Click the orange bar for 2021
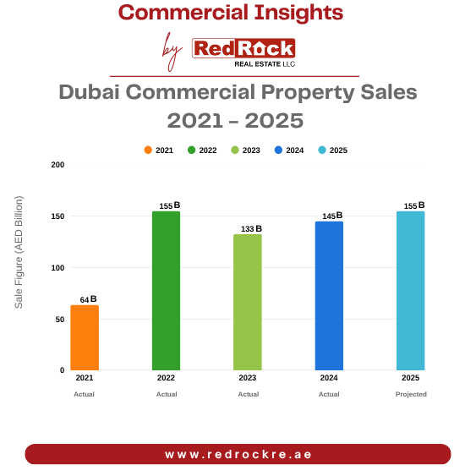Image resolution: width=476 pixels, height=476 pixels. tap(85, 338)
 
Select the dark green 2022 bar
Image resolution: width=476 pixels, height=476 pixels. tap(166, 291)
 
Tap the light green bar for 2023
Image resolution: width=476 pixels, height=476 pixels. tap(248, 302)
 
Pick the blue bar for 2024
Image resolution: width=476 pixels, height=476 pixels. tap(329, 296)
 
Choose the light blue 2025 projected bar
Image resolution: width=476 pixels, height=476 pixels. tap(411, 291)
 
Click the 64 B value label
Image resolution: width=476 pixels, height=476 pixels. tap(88, 299)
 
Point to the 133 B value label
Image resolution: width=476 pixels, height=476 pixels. tap(252, 228)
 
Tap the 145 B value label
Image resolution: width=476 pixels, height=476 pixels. tap(332, 216)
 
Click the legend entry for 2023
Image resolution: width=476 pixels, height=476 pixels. tap(246, 150)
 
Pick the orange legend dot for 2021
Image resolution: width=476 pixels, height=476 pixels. tap(148, 150)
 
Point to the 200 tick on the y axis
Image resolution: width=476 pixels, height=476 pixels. tap(57, 165)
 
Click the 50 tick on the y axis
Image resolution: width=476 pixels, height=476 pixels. tap(60, 319)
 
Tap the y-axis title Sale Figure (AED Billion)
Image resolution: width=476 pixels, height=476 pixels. tap(19, 252)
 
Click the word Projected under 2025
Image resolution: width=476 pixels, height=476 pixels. tap(411, 394)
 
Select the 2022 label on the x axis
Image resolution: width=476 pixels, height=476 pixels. tap(166, 378)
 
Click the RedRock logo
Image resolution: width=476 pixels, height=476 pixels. tap(243, 51)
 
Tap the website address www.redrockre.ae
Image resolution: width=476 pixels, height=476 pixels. tap(238, 454)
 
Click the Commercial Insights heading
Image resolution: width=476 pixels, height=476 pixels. tap(231, 13)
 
